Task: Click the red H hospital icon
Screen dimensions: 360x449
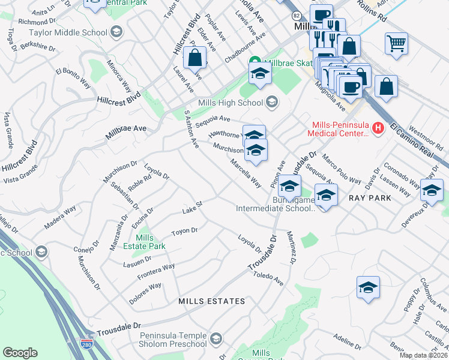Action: click(378, 127)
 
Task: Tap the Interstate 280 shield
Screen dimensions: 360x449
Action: click(87, 343)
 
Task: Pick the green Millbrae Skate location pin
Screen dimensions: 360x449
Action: click(255, 62)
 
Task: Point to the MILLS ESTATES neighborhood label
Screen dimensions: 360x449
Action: click(212, 301)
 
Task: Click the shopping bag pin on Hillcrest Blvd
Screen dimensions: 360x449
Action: click(195, 58)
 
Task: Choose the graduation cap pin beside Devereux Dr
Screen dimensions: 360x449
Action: click(430, 190)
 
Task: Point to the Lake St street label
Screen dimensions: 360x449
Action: click(193, 208)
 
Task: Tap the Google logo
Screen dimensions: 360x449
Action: click(20, 352)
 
